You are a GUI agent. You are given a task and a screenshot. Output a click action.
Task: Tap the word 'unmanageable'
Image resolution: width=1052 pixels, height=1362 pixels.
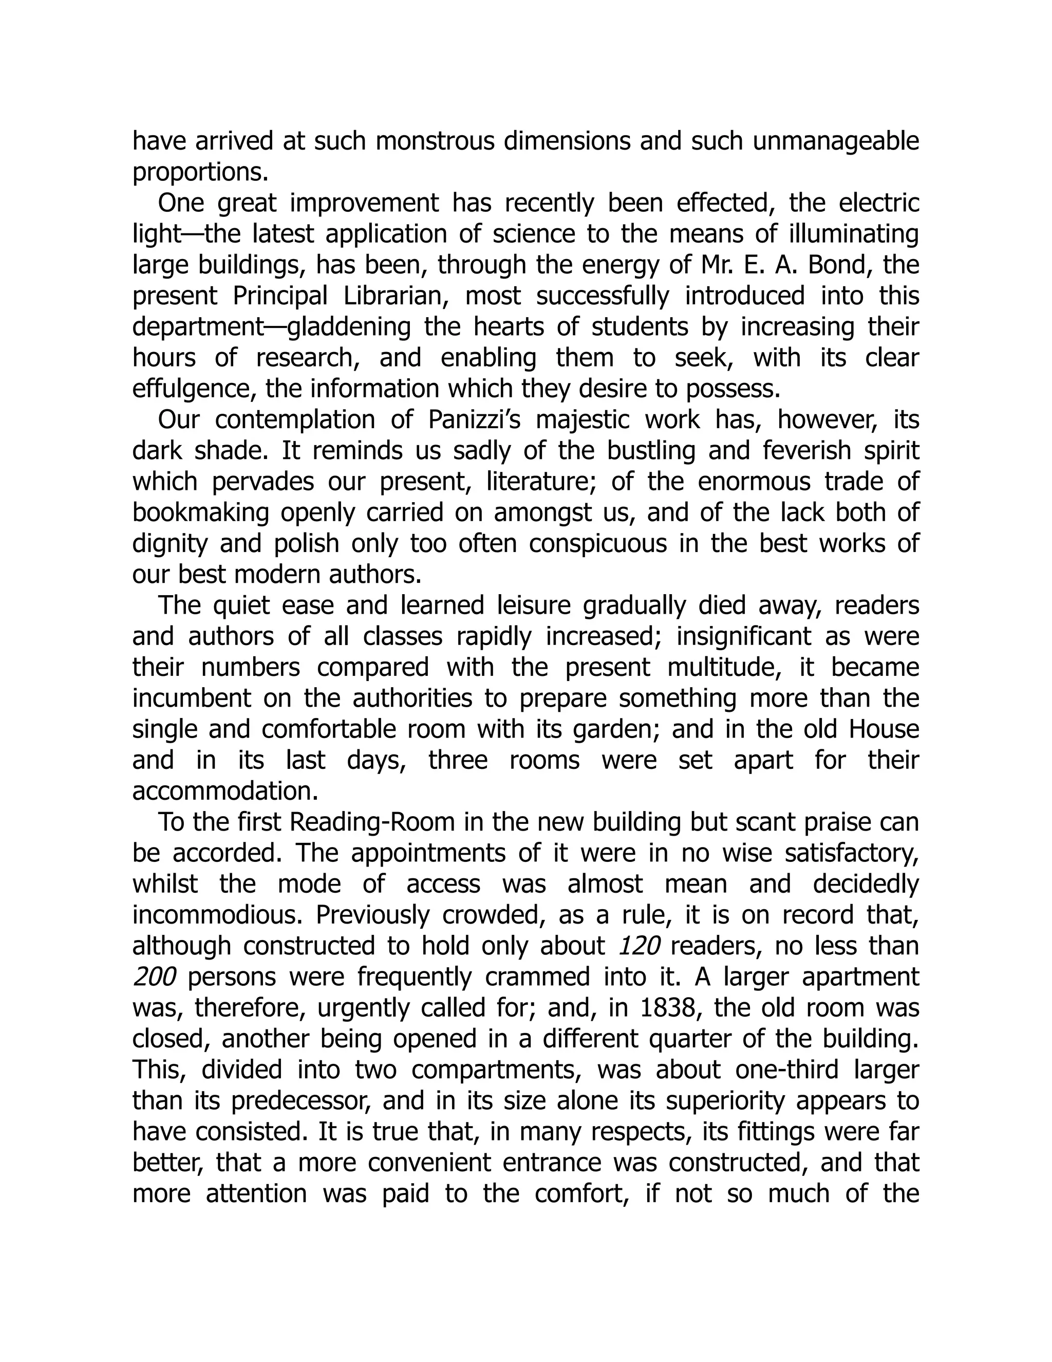click(x=836, y=141)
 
